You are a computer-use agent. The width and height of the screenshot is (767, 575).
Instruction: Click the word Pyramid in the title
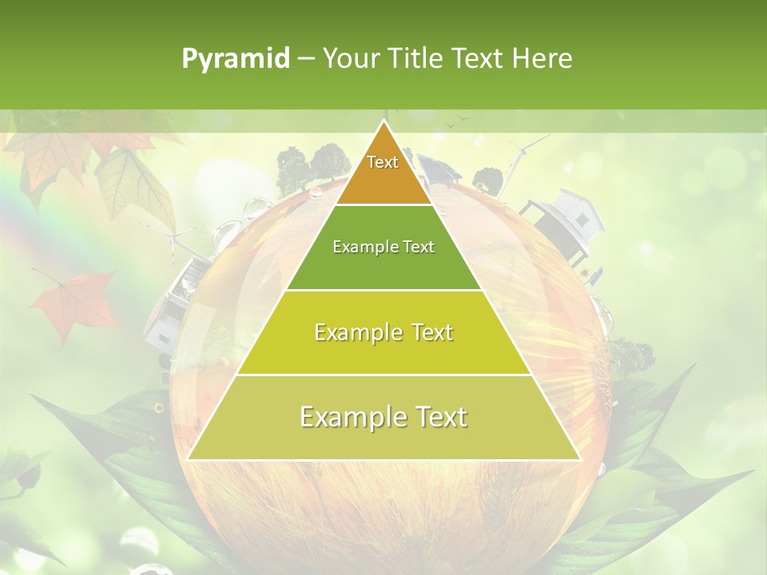click(x=236, y=59)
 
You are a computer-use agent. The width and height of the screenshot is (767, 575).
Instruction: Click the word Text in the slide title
click(x=480, y=58)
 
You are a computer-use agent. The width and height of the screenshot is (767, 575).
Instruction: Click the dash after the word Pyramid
click(x=305, y=59)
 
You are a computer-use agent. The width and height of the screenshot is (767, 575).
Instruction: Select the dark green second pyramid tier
click(x=383, y=264)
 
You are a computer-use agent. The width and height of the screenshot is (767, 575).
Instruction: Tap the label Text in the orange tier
click(x=383, y=162)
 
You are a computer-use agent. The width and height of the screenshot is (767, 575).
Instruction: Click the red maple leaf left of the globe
click(x=75, y=304)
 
